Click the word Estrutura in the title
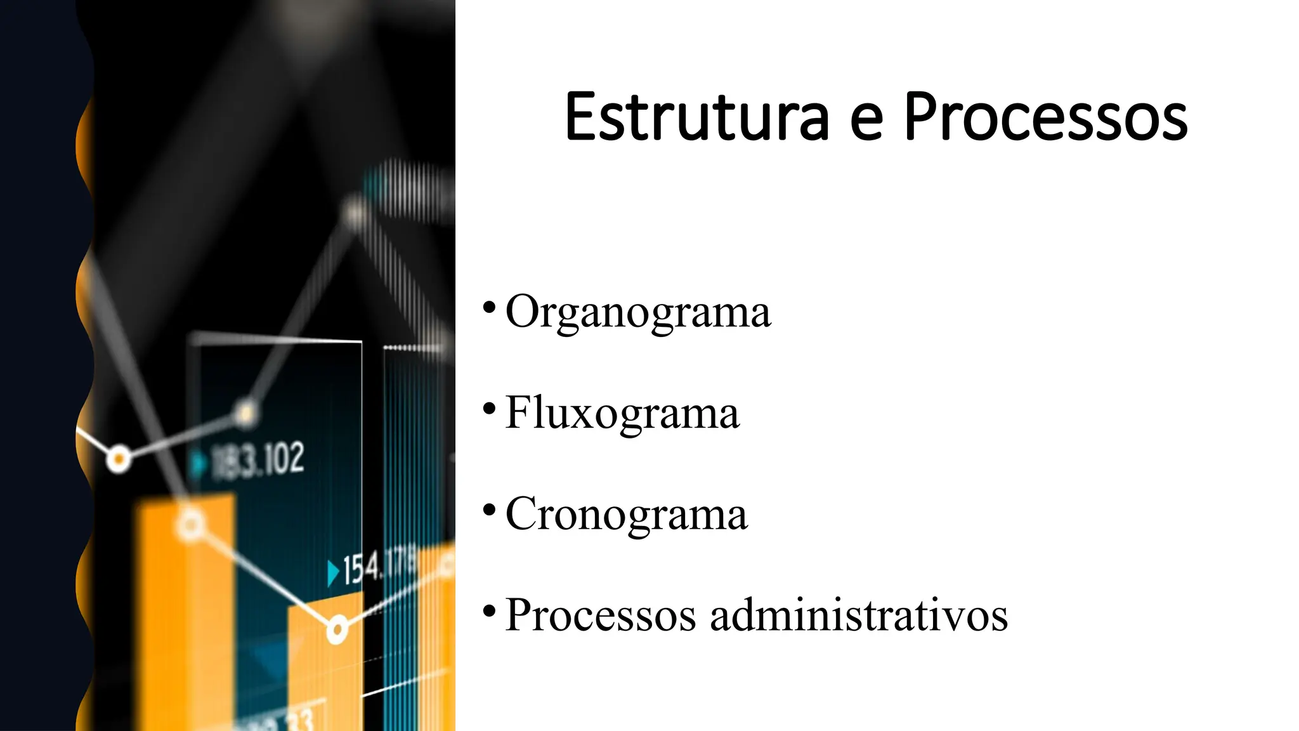pyautogui.click(x=696, y=117)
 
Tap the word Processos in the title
pyautogui.click(x=1045, y=117)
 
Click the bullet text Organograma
pyautogui.click(x=637, y=312)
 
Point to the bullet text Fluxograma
pyautogui.click(x=622, y=413)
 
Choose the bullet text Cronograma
pyautogui.click(x=626, y=514)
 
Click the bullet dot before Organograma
pyautogui.click(x=489, y=307)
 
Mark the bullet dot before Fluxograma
pyautogui.click(x=489, y=408)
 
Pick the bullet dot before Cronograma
pyautogui.click(x=489, y=509)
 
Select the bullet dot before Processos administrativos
pyautogui.click(x=489, y=610)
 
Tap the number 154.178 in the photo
pyautogui.click(x=379, y=567)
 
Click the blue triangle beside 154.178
pyautogui.click(x=333, y=573)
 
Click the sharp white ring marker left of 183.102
pyautogui.click(x=118, y=458)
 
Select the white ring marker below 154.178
pyautogui.click(x=337, y=630)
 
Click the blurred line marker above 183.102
pyautogui.click(x=245, y=413)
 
